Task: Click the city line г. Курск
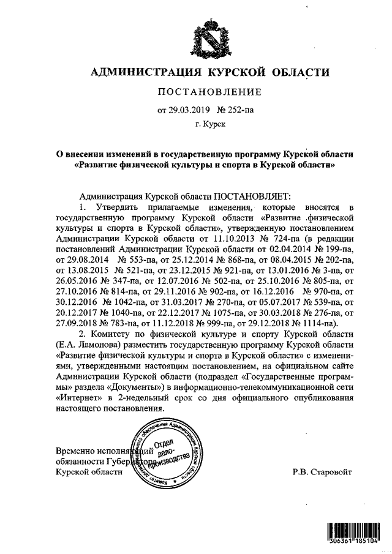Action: (x=210, y=125)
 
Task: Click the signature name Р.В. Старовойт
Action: (x=323, y=471)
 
